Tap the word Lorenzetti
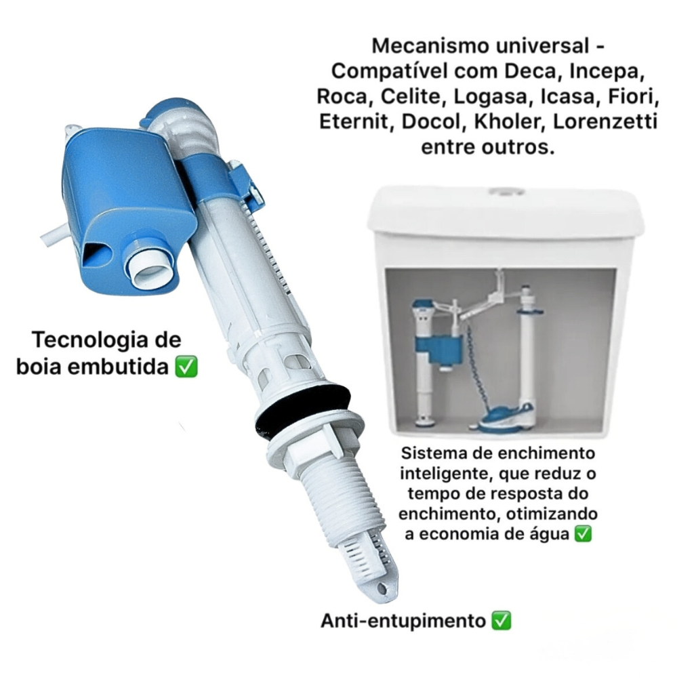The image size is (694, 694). coord(605,122)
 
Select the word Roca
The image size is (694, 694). coord(342,96)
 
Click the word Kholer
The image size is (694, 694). coord(509,122)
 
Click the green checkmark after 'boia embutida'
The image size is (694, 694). coord(186,367)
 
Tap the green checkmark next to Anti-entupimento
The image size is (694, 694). coord(502,621)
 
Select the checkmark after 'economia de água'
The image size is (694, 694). coord(582,534)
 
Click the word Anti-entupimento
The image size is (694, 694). coord(403,621)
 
